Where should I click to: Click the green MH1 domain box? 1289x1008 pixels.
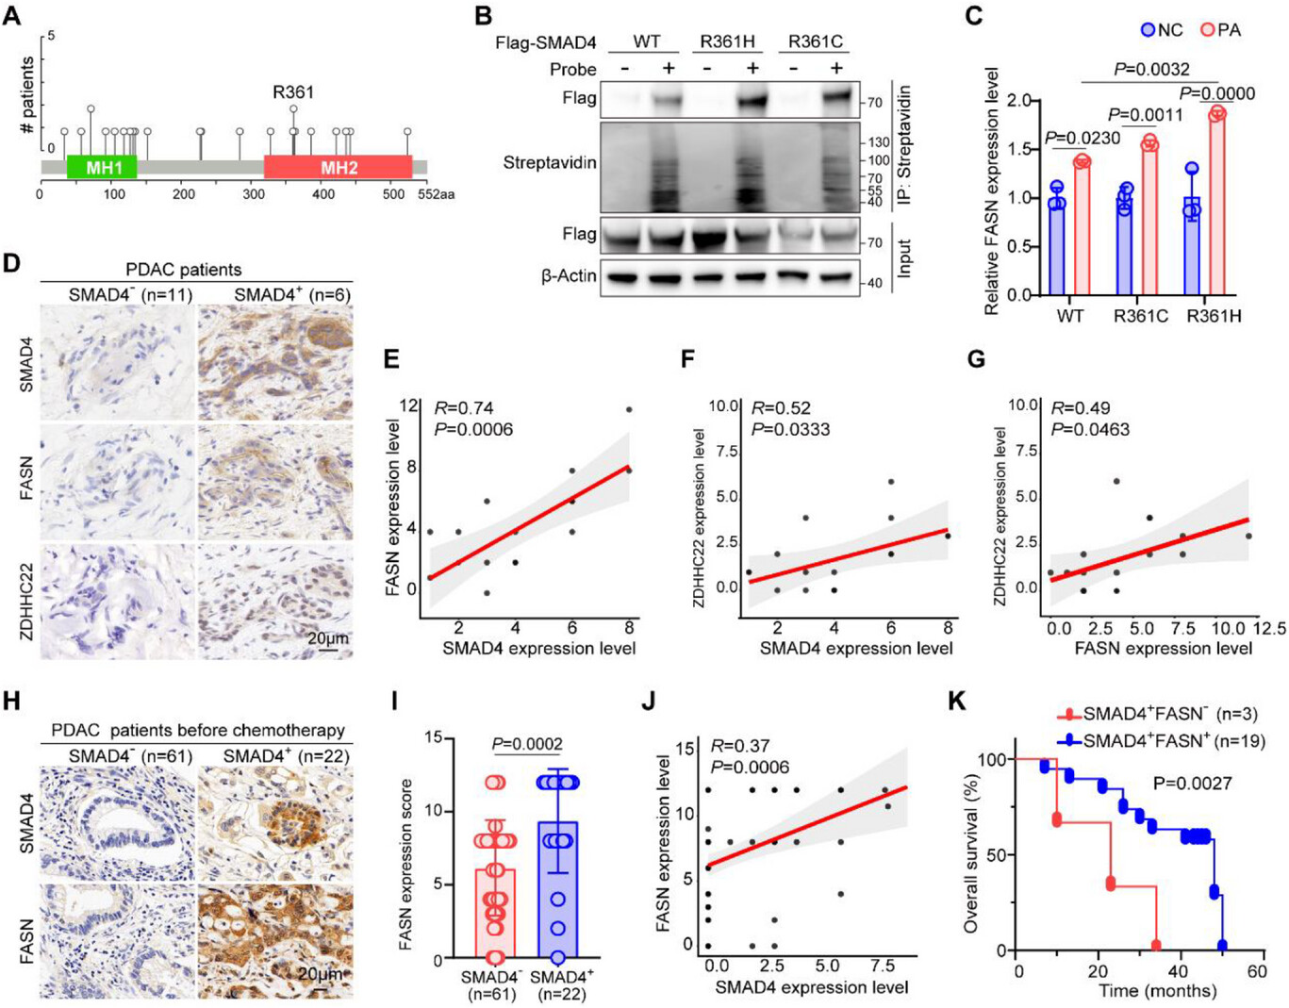click(x=102, y=167)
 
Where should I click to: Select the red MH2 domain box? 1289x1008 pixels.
click(x=339, y=167)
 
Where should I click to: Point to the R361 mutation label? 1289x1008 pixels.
click(x=293, y=92)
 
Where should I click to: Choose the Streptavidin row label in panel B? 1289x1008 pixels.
click(x=550, y=163)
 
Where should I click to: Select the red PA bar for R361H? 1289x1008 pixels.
click(x=1217, y=204)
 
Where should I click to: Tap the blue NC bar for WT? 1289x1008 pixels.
click(x=1056, y=245)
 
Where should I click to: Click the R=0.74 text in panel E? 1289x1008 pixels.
click(x=464, y=408)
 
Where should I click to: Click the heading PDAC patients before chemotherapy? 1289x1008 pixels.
click(x=198, y=731)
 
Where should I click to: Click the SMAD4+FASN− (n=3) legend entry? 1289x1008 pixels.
click(x=1157, y=715)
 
